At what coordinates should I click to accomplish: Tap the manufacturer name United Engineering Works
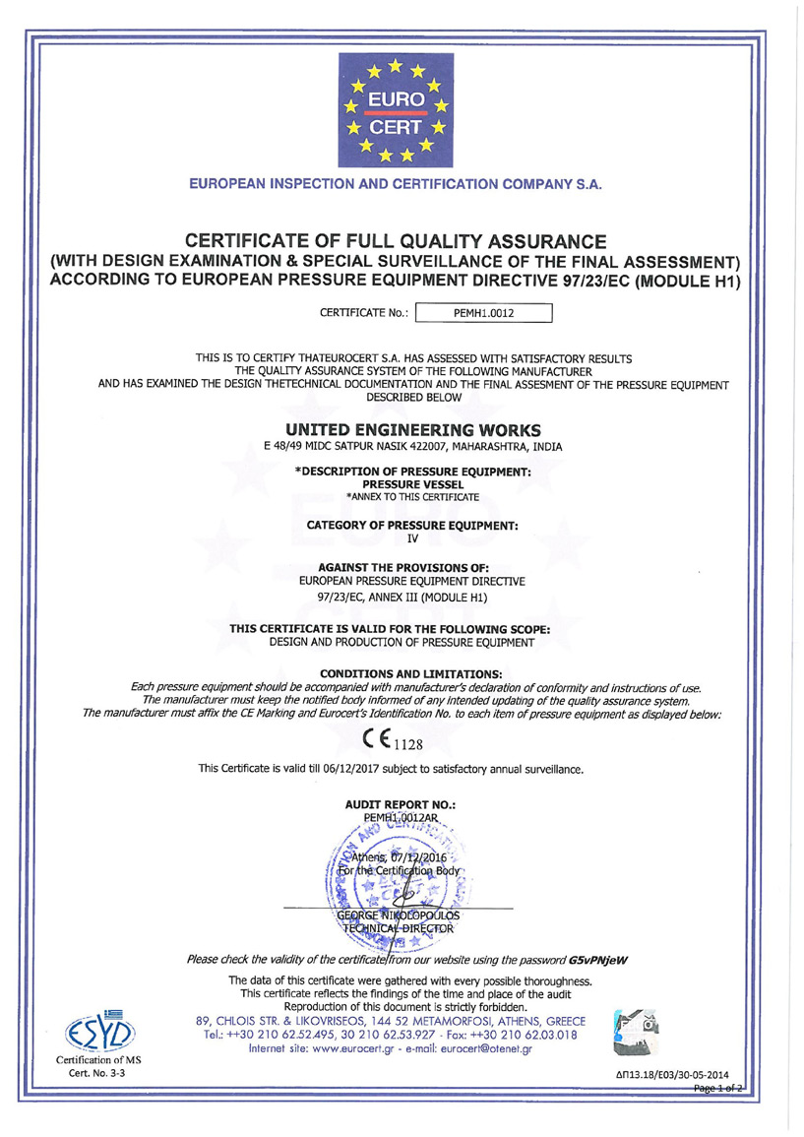412,430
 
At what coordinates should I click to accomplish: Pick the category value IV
412,538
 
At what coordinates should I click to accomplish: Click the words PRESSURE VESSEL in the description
412,484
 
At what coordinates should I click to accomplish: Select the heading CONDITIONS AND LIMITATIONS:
412,673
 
